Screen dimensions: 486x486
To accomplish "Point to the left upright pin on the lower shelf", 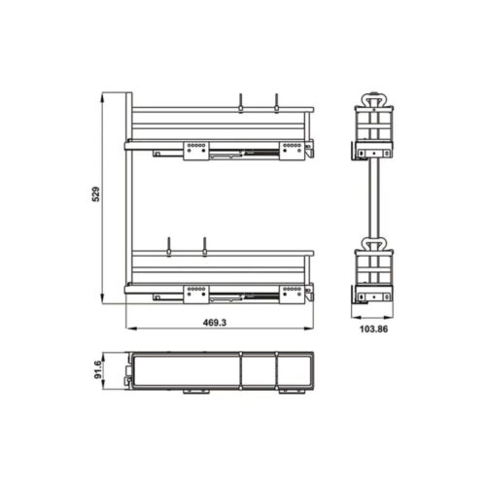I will (167, 246).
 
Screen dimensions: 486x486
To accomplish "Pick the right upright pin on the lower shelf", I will (205, 246).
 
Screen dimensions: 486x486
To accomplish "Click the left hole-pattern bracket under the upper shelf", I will (194, 149).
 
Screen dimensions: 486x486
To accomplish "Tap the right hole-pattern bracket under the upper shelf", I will (289, 149).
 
